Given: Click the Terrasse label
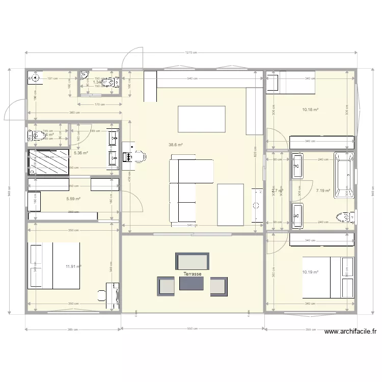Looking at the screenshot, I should pyautogui.click(x=193, y=274).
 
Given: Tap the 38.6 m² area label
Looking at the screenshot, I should pyautogui.click(x=176, y=145).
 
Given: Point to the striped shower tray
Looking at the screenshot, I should pyautogui.click(x=48, y=160).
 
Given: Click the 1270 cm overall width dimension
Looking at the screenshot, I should pyautogui.click(x=192, y=52).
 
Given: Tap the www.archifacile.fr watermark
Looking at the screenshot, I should pyautogui.click(x=350, y=332).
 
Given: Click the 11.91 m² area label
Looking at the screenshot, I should pyautogui.click(x=74, y=266).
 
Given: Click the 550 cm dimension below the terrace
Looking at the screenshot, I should pyautogui.click(x=192, y=329).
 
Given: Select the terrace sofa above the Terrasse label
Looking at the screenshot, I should pyautogui.click(x=192, y=261).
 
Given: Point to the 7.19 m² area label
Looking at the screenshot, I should pyautogui.click(x=323, y=191).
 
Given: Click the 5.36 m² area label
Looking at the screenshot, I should pyautogui.click(x=81, y=152).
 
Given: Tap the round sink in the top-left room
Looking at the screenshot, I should pyautogui.click(x=35, y=78).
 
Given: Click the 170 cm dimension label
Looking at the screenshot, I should pyautogui.click(x=99, y=104).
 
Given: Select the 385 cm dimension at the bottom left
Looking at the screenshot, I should pyautogui.click(x=72, y=329).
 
